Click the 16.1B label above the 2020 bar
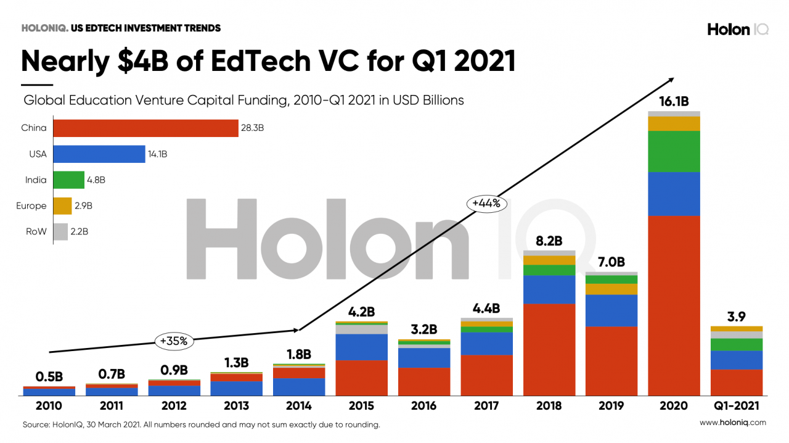pyautogui.click(x=674, y=101)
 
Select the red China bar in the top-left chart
pyautogui.click(x=145, y=128)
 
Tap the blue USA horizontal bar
pyautogui.click(x=99, y=154)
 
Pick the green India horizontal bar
pyautogui.click(x=68, y=180)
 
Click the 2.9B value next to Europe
pyautogui.click(x=84, y=206)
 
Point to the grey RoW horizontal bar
pyautogui.click(x=60, y=232)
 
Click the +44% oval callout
pyautogui.click(x=486, y=203)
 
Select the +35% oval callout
pyautogui.click(x=174, y=340)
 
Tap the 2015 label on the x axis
pyautogui.click(x=361, y=406)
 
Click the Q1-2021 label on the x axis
pyautogui.click(x=737, y=406)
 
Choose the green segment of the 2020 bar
pyautogui.click(x=674, y=151)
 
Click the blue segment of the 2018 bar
pyautogui.click(x=549, y=289)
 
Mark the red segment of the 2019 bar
pyautogui.click(x=611, y=361)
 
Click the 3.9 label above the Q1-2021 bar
pyautogui.click(x=737, y=317)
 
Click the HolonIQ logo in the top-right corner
pyautogui.click(x=737, y=29)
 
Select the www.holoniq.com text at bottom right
pyautogui.click(x=732, y=423)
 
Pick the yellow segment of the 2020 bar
pyautogui.click(x=674, y=123)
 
